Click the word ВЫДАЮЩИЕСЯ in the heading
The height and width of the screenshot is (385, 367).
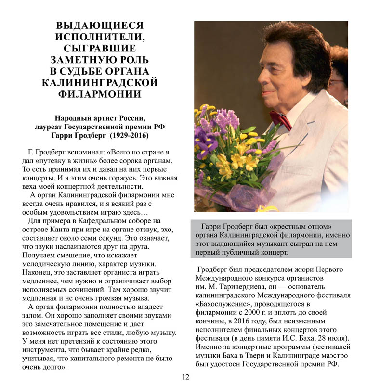point(100,25)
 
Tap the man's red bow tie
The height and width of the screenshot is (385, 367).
point(280,119)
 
